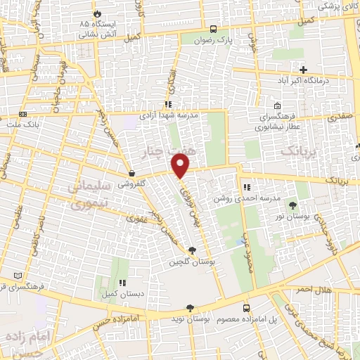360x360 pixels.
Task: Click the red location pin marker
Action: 181,166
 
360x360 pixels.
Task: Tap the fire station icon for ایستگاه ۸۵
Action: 96,14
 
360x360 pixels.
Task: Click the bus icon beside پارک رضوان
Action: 212,30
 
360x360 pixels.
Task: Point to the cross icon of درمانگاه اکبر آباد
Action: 303,70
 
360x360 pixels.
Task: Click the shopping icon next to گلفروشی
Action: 131,174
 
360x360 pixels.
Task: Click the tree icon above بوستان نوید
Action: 190,308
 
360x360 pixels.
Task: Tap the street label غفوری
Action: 135,219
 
